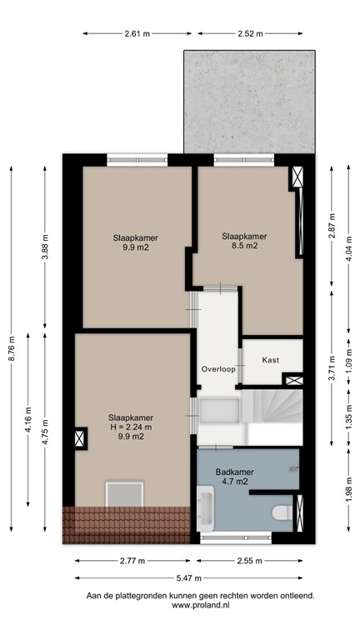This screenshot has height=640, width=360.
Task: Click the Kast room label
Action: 270,360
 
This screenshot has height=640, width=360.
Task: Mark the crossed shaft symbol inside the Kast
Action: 292,381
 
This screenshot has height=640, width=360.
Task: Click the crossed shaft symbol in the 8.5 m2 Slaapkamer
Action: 296,177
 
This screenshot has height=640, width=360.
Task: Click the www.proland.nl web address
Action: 200,606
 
